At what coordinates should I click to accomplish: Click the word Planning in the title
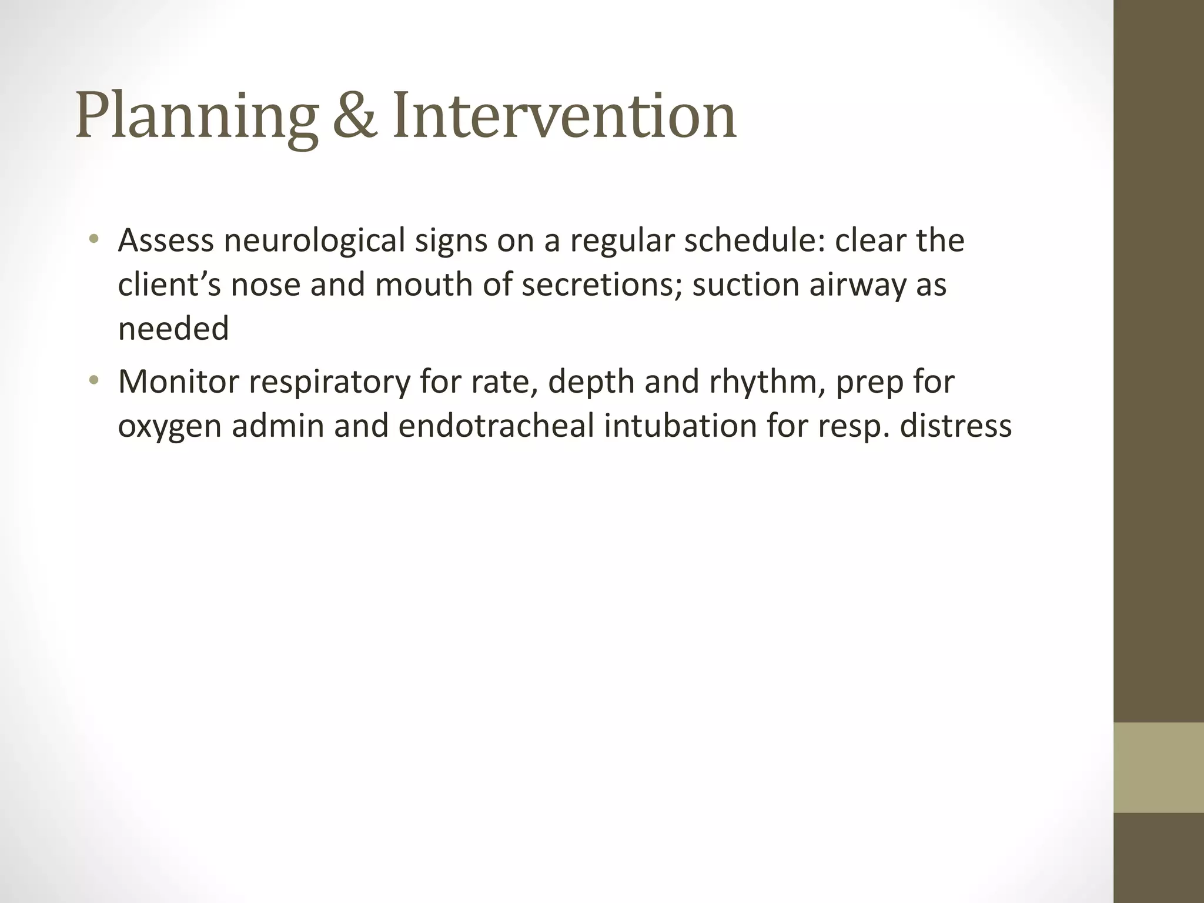pyautogui.click(x=197, y=116)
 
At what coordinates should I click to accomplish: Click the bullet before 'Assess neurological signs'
pyautogui.click(x=93, y=239)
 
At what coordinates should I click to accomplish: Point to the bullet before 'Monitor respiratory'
pyautogui.click(x=93, y=380)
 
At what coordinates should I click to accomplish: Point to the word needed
pyautogui.click(x=173, y=328)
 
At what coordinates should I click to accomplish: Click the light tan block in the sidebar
pyautogui.click(x=1158, y=767)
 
